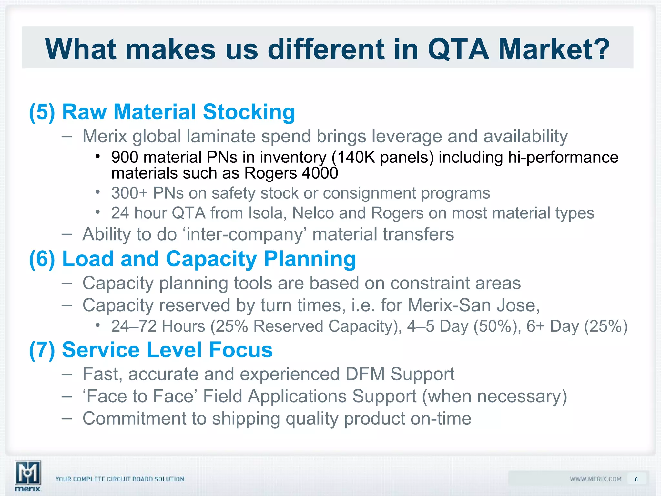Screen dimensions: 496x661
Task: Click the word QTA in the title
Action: [x=458, y=49]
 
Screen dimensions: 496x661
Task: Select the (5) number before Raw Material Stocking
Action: [x=42, y=112]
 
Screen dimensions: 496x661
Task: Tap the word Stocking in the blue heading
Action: [x=249, y=112]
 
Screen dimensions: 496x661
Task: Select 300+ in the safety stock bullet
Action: [x=129, y=193]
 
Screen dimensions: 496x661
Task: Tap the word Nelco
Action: [x=313, y=213]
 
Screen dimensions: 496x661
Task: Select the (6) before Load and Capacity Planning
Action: [x=42, y=259]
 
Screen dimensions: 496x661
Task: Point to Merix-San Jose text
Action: [x=473, y=305]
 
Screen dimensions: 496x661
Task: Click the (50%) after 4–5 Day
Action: [x=497, y=326]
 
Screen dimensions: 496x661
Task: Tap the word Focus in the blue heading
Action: [x=240, y=350]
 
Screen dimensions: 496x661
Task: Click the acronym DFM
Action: [x=365, y=374]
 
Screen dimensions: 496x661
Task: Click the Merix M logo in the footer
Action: [x=28, y=473]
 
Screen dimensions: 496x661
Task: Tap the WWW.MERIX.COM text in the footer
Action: [x=595, y=479]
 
